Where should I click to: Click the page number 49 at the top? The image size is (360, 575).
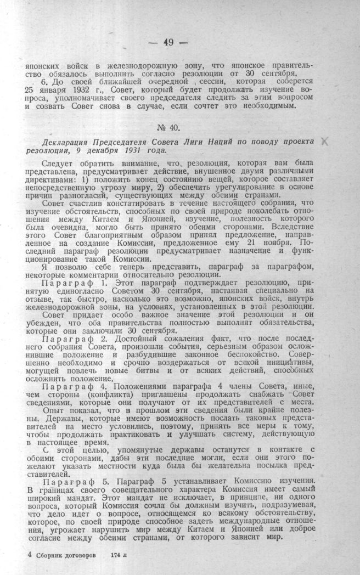pyautogui.click(x=168, y=43)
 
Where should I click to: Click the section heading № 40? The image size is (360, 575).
pyautogui.click(x=168, y=128)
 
